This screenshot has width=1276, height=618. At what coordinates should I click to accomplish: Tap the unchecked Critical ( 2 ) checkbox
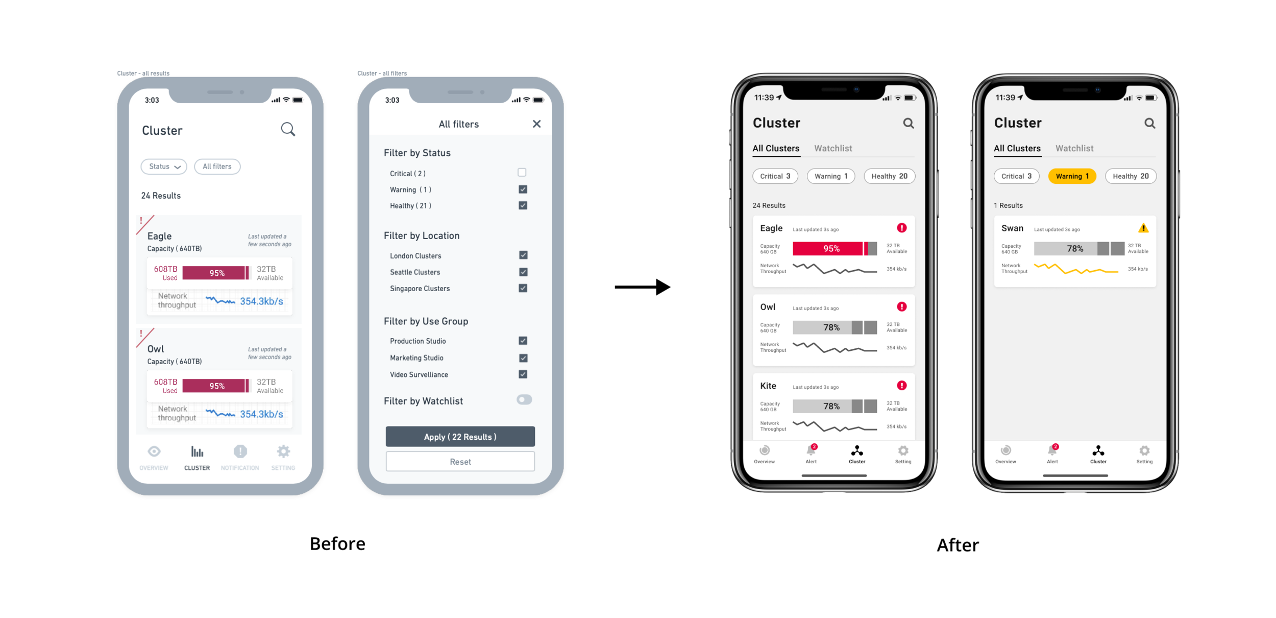[x=522, y=173]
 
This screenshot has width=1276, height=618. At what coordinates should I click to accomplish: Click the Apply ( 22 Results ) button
[x=460, y=437]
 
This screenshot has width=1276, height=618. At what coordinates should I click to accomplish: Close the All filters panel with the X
[x=536, y=124]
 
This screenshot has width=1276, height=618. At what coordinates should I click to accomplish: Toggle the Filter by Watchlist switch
[x=524, y=400]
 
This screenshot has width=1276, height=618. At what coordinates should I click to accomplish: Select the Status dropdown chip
[x=164, y=167]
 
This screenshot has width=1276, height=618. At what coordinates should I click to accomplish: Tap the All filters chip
[x=217, y=167]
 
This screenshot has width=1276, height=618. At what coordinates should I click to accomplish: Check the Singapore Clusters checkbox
[x=523, y=288]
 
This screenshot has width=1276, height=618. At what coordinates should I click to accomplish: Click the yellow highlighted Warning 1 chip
[x=1072, y=176]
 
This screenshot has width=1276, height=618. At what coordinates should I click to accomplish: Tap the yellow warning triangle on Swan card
[x=1143, y=228]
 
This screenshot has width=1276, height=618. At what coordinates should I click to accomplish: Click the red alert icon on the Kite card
[x=902, y=386]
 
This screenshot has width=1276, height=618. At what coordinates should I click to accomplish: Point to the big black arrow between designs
[x=643, y=287]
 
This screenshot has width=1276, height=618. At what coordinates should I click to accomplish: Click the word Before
[x=337, y=543]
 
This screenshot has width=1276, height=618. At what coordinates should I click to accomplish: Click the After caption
[x=958, y=545]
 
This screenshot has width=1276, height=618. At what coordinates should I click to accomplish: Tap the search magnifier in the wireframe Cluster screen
[x=288, y=129]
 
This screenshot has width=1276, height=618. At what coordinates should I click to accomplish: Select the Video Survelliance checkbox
[x=523, y=374]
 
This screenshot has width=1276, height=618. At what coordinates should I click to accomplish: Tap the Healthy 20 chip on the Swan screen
[x=1131, y=176]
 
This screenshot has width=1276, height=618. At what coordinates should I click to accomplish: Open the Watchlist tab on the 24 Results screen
[x=833, y=149]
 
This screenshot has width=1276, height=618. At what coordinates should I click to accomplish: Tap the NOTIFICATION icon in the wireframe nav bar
[x=240, y=451]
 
